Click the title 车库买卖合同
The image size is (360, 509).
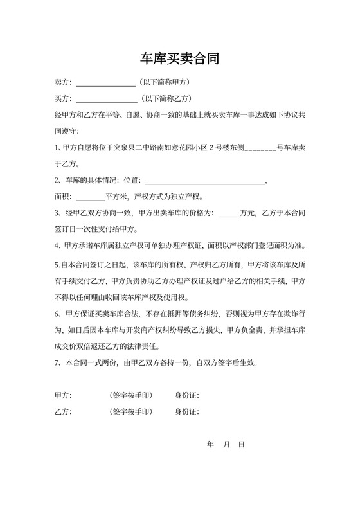pyautogui.click(x=180, y=60)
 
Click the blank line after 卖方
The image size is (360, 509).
pyautogui.click(x=105, y=84)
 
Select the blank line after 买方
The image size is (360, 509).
pyautogui.click(x=106, y=99)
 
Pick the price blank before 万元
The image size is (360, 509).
pyautogui.click(x=228, y=214)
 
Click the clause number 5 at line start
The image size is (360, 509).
pyautogui.click(x=57, y=264)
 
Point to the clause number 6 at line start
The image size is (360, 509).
pyautogui.click(x=58, y=314)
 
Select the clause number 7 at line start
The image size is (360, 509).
pyautogui.click(x=58, y=363)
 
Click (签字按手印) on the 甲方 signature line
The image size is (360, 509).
pyautogui.click(x=131, y=395)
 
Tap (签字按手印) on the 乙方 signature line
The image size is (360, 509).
pyautogui.click(x=131, y=411)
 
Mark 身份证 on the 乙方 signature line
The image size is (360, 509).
pyautogui.click(x=186, y=411)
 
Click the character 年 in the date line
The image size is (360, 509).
pyautogui.click(x=210, y=445)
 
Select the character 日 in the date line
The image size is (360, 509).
pyautogui.click(x=241, y=445)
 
